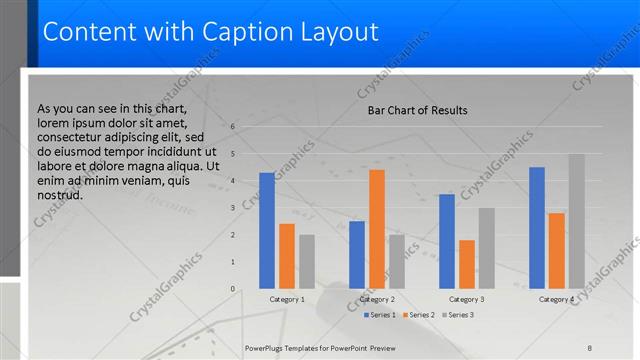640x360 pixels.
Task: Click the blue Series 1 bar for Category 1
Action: pyautogui.click(x=266, y=231)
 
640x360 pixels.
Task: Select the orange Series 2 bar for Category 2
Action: pyautogui.click(x=376, y=229)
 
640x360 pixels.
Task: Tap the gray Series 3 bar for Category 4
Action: pyautogui.click(x=576, y=221)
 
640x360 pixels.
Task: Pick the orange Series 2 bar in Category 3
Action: pyautogui.click(x=466, y=264)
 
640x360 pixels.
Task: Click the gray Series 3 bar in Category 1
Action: pyautogui.click(x=306, y=262)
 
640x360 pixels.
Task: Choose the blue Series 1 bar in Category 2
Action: pyautogui.click(x=357, y=255)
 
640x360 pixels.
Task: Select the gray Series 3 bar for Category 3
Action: pyautogui.click(x=486, y=248)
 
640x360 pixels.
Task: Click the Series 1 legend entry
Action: pyautogui.click(x=380, y=315)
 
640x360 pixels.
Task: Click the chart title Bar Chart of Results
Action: pyautogui.click(x=418, y=110)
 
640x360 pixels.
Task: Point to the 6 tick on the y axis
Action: pyautogui.click(x=232, y=127)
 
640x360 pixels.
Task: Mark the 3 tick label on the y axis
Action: pyautogui.click(x=232, y=208)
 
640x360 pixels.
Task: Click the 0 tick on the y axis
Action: pyautogui.click(x=232, y=289)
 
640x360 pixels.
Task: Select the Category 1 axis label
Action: pyautogui.click(x=287, y=299)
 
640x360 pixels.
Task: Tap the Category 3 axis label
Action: pyautogui.click(x=466, y=299)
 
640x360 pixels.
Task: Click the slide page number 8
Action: pyautogui.click(x=590, y=346)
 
